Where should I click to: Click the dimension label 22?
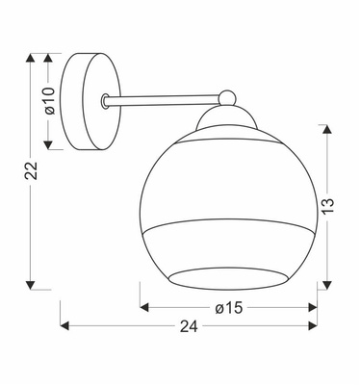point(32,171)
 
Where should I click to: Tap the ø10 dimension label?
point(50,100)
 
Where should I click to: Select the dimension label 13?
point(327,206)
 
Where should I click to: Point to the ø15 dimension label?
point(229,308)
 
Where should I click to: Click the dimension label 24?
point(189,326)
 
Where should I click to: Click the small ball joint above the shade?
point(227,97)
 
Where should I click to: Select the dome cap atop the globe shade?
point(227,118)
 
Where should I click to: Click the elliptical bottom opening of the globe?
point(227,279)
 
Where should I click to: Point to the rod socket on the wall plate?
point(104,101)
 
